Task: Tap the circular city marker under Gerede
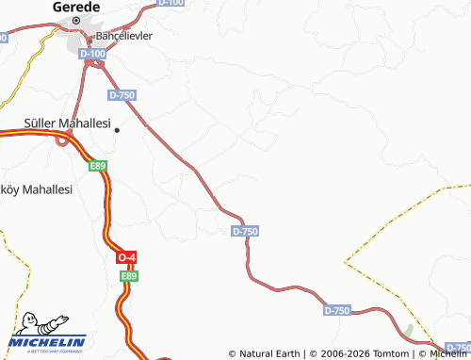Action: tap(75, 20)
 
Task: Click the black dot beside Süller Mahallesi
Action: tap(117, 131)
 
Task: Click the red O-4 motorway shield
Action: tap(127, 257)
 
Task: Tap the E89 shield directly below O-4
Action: tap(129, 275)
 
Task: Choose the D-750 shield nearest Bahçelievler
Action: tap(122, 95)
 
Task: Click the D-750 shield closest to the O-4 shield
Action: tap(244, 231)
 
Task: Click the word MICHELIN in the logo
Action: tap(46, 341)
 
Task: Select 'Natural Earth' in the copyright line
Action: tap(270, 353)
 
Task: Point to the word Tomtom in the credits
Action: tap(393, 353)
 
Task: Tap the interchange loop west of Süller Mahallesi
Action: tap(64, 140)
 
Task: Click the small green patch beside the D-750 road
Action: tap(407, 331)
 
